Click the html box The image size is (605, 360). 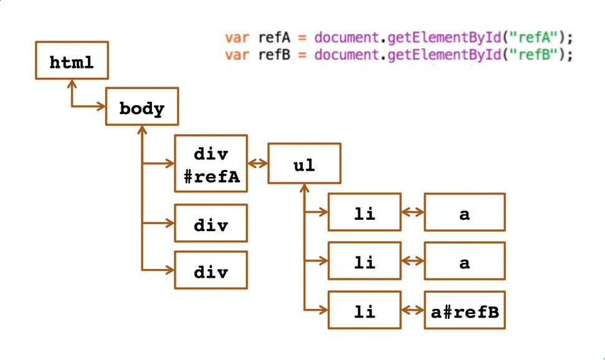[x=72, y=63]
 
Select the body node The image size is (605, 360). [x=142, y=110]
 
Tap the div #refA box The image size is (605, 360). [x=211, y=164]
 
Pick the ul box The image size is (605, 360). [x=304, y=164]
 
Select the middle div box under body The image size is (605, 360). [x=211, y=223]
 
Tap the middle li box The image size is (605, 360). [x=364, y=262]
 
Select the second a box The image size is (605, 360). [x=465, y=262]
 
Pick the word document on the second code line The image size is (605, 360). [x=347, y=54]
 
